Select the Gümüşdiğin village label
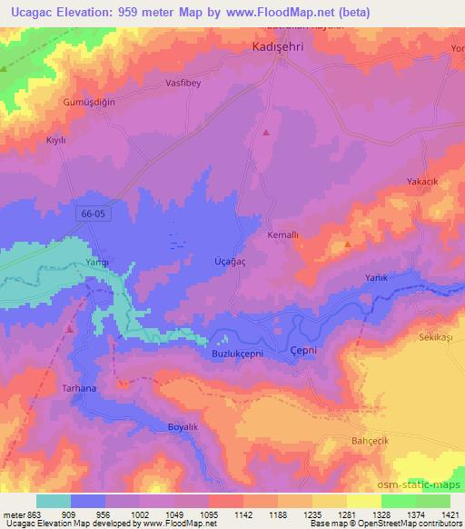89,102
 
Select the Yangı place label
97,262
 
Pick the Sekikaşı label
435,336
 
